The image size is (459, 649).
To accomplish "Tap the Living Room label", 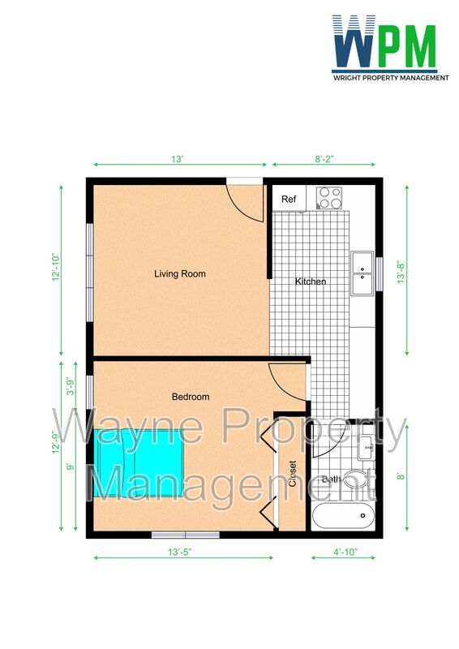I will click(x=180, y=274).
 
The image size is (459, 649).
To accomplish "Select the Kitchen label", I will click(x=311, y=282).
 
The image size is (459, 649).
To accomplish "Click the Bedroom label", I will click(x=191, y=397).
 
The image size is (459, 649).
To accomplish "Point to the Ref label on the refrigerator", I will click(x=289, y=200).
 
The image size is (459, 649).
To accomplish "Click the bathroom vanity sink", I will click(x=367, y=445).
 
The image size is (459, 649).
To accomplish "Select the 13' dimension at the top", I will click(x=178, y=160).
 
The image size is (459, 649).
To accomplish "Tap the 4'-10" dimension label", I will click(x=344, y=552).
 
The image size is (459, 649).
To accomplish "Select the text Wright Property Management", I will click(x=391, y=78).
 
